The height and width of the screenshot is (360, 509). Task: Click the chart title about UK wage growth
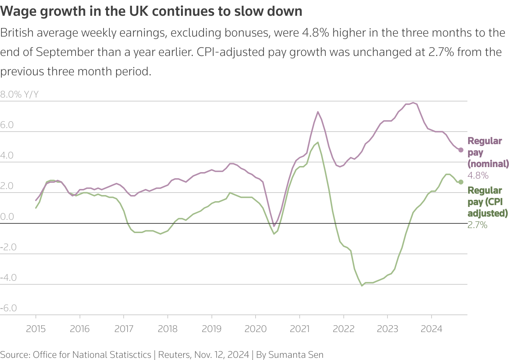[x=151, y=11]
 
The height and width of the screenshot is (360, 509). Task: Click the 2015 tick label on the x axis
[x=36, y=329]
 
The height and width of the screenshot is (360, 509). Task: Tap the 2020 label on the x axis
[x=256, y=329]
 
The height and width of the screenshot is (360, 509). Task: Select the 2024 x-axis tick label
[x=431, y=329]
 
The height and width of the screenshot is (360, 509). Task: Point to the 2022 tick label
[x=343, y=329]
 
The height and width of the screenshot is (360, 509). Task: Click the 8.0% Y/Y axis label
[x=19, y=94]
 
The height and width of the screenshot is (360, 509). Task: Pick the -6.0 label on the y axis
[x=9, y=308]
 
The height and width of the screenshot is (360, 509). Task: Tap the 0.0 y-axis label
[x=7, y=217]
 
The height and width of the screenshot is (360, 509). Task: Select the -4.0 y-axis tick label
[x=9, y=278]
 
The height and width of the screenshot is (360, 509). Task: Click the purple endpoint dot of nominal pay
[x=461, y=150]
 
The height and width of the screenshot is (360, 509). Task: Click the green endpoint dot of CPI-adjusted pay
[x=461, y=182]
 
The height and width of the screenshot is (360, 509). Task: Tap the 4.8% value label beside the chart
[x=478, y=175]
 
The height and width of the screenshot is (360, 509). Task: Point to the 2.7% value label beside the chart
[x=477, y=225]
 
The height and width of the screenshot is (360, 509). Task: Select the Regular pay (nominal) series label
[x=487, y=152]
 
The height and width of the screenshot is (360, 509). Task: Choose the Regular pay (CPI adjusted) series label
[x=487, y=202]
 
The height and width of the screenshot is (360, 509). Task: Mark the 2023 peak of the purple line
[x=413, y=103]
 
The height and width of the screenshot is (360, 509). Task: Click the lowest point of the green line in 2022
[x=362, y=286]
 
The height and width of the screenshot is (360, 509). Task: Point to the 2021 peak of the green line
[x=318, y=142]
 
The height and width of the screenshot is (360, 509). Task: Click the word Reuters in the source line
[x=174, y=355]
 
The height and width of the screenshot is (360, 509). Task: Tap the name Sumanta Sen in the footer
[x=296, y=355]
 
